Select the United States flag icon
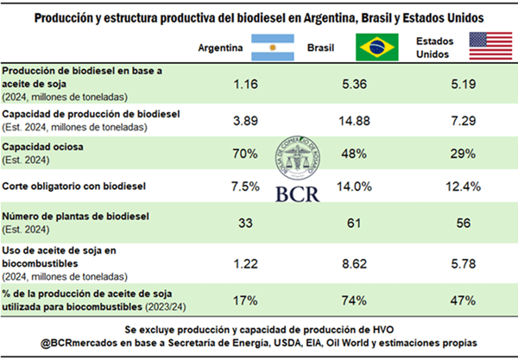point(489,47)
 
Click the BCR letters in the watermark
point(296,191)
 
